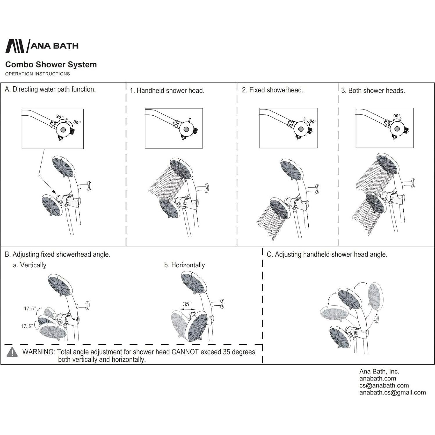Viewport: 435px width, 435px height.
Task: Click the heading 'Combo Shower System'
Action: pyautogui.click(x=51, y=65)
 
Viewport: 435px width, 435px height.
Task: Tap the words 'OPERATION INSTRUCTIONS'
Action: pyautogui.click(x=37, y=74)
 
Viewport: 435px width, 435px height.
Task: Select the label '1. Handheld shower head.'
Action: pyautogui.click(x=167, y=91)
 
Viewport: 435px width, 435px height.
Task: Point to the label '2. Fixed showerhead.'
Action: pyautogui.click(x=272, y=90)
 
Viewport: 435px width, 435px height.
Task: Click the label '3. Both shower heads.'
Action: pyautogui.click(x=373, y=91)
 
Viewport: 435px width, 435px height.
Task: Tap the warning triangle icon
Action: pyautogui.click(x=12, y=352)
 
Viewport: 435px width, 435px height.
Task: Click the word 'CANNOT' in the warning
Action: pyautogui.click(x=185, y=352)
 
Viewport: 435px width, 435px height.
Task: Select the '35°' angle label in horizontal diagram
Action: pyautogui.click(x=187, y=304)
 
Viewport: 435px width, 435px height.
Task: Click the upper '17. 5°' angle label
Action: pyautogui.click(x=30, y=309)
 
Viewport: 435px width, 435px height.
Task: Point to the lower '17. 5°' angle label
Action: pyautogui.click(x=27, y=326)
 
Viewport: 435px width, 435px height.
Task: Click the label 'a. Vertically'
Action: pyautogui.click(x=30, y=265)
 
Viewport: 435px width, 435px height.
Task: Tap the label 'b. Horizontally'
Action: pyautogui.click(x=184, y=265)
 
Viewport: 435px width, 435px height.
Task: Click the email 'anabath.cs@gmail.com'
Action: pyautogui.click(x=392, y=393)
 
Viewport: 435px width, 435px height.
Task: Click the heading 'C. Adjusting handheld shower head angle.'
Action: pyautogui.click(x=327, y=255)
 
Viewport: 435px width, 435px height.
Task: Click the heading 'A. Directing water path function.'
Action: pyautogui.click(x=50, y=89)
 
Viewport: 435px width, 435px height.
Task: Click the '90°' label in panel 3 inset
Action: pyautogui.click(x=396, y=116)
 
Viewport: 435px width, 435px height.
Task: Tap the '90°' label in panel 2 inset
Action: pyautogui.click(x=313, y=121)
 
